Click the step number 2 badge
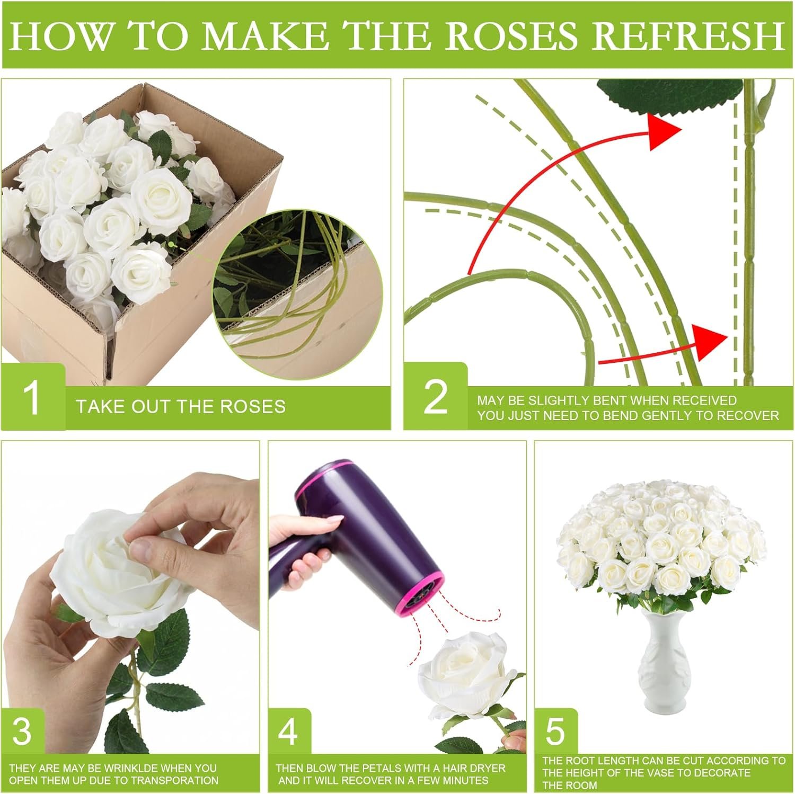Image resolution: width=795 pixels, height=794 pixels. pos(436,397)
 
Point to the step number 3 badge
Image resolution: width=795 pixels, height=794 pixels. pos(22,731)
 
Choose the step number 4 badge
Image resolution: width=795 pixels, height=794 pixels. pos(288,731)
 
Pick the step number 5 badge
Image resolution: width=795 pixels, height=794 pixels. pos(555,731)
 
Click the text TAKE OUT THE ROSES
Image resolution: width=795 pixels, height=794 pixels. pos(181,407)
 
